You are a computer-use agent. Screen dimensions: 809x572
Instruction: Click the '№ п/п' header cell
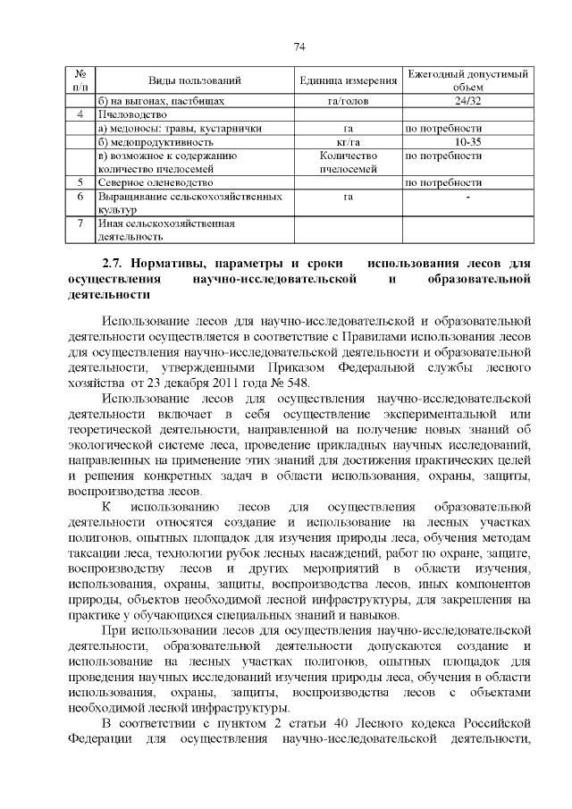(80, 80)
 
